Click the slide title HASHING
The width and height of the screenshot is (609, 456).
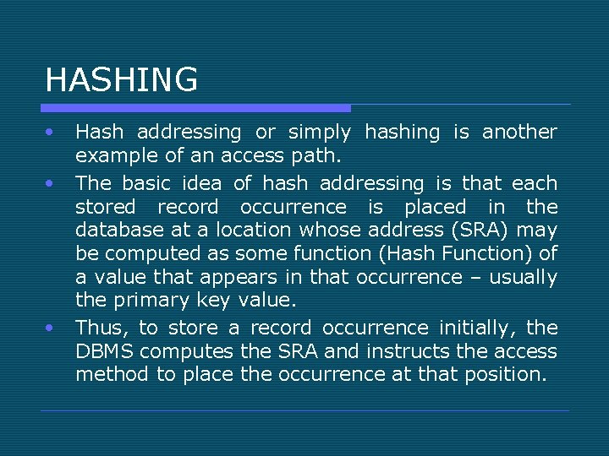pos(121,79)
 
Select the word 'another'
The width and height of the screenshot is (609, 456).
pos(519,133)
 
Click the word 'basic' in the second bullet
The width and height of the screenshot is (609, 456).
pos(147,183)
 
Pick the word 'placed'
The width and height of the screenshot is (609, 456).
pos(435,207)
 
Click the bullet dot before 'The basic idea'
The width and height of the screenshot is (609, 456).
pos(51,182)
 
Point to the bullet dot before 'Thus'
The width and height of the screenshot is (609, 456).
pos(51,326)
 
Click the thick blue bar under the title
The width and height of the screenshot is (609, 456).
pos(195,108)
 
